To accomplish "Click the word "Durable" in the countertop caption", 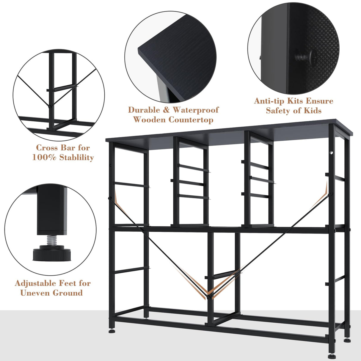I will point(144,110).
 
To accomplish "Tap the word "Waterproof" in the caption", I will point(195,110).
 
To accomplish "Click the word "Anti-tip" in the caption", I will point(269,101).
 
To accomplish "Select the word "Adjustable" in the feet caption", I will point(35,283).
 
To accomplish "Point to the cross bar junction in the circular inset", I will point(50,106).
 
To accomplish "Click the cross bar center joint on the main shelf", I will point(209,296).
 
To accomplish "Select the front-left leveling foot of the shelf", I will point(112,331).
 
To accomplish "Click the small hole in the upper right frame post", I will point(330,153).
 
